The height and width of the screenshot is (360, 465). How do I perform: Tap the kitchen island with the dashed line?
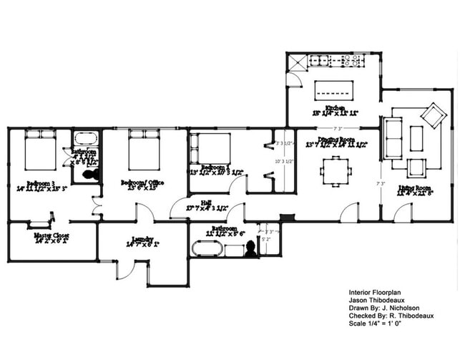point(335,90)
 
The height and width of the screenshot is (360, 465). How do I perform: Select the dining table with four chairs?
point(336,170)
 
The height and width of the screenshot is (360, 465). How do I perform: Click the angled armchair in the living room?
point(433,115)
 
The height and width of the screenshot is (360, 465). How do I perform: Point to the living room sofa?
point(393,138)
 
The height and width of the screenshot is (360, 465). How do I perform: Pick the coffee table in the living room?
point(416,138)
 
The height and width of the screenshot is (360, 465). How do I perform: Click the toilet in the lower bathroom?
point(250,248)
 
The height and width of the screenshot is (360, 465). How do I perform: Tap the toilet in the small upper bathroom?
point(89,174)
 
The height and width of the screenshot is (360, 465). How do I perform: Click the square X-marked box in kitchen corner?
point(295,62)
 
